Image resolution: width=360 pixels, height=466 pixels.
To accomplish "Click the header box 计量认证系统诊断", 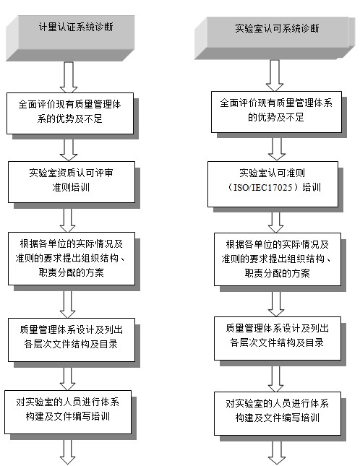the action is click(70, 38).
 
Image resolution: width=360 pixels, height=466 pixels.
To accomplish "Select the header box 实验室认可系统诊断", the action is click(275, 38).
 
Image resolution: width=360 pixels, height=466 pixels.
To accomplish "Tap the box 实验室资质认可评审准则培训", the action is click(72, 182).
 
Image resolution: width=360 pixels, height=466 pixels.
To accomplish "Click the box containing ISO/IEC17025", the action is click(273, 184).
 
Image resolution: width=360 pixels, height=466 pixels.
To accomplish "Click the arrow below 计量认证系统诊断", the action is click(69, 77).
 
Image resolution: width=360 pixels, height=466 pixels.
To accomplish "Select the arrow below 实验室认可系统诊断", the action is click(275, 75).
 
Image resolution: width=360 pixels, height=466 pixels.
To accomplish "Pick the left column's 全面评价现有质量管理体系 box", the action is click(70, 113).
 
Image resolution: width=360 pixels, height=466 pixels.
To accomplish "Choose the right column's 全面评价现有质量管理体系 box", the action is click(276, 112).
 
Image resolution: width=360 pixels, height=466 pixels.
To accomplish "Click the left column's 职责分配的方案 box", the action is click(72, 259).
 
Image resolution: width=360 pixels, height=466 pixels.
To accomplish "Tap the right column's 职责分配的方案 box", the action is click(278, 259).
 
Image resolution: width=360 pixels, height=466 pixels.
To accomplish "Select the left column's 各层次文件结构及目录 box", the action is click(72, 340).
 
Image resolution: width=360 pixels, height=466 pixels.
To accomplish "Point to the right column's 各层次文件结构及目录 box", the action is click(278, 339).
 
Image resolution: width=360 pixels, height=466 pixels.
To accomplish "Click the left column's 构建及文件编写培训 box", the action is click(68, 413).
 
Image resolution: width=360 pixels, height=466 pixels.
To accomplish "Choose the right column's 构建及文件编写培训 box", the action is click(278, 413).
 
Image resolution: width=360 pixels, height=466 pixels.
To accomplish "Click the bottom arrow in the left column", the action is click(67, 449).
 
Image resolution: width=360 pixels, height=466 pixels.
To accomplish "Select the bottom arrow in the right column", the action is click(277, 450).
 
